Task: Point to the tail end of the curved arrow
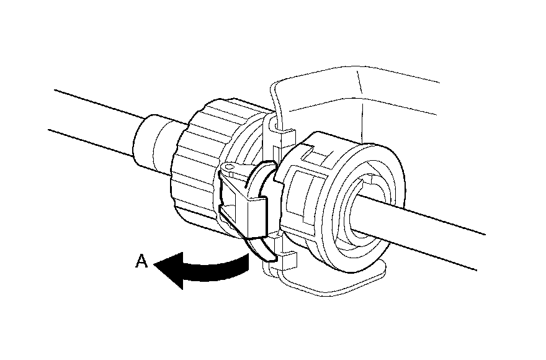[x=245, y=266]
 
